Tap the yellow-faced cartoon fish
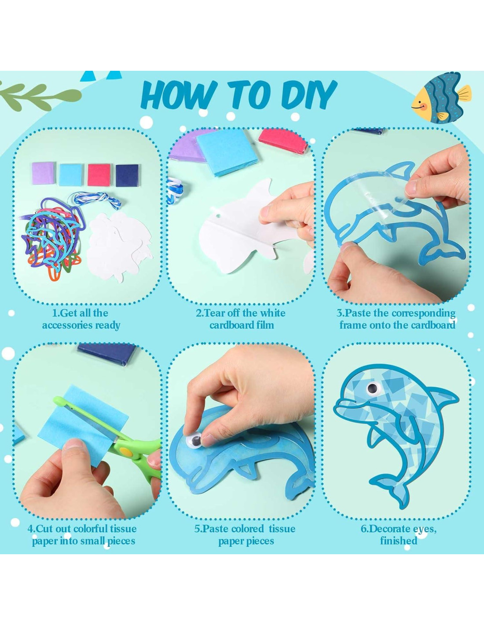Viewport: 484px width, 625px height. click(x=441, y=98)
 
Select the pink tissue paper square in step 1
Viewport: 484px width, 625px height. click(x=99, y=175)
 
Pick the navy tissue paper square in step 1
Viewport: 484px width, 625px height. click(x=127, y=175)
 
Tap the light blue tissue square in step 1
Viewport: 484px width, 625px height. click(x=71, y=175)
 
